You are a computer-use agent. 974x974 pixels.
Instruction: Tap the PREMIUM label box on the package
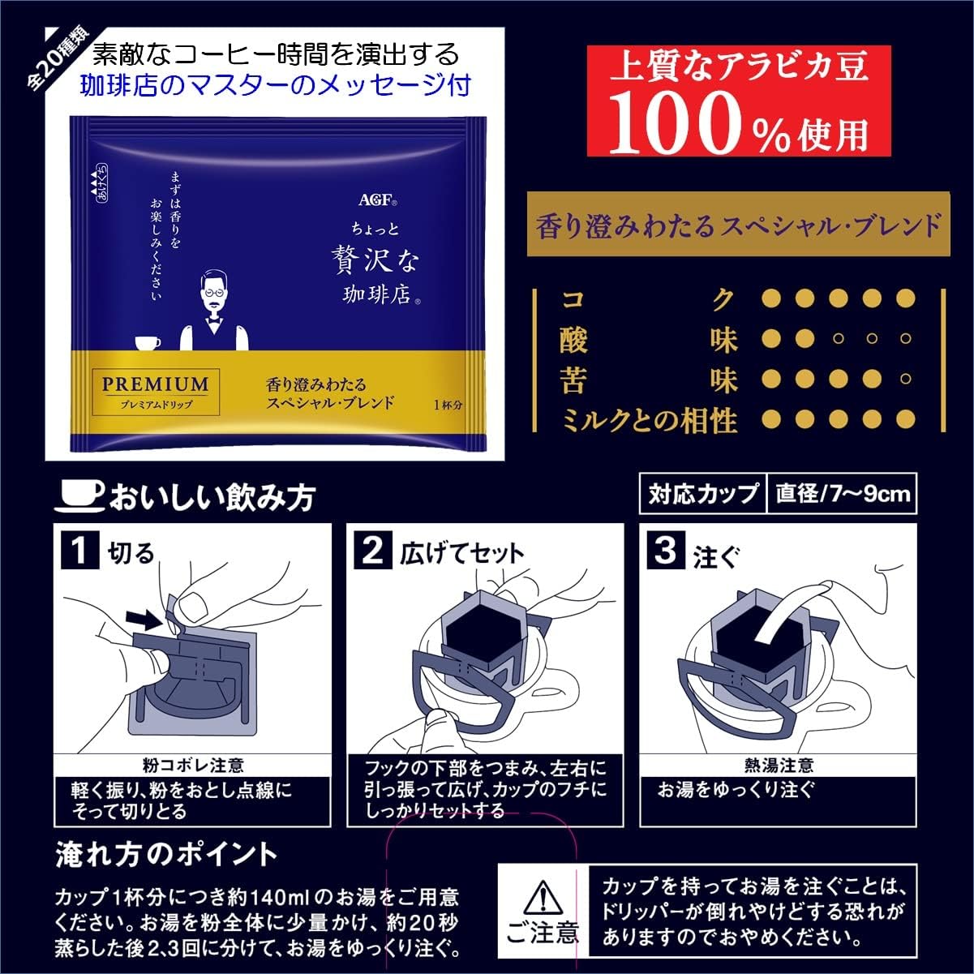(x=155, y=390)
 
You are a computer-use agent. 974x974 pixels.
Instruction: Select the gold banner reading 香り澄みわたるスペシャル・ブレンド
(x=737, y=225)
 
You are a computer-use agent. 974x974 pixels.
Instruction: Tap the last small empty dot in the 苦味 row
(x=906, y=379)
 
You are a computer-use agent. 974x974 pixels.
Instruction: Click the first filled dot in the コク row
(x=772, y=299)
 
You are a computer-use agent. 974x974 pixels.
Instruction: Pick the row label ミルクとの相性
(x=649, y=420)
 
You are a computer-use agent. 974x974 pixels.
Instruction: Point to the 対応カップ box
(x=702, y=494)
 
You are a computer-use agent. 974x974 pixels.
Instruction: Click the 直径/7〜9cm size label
(x=842, y=494)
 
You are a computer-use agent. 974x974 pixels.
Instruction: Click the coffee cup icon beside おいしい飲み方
(x=79, y=494)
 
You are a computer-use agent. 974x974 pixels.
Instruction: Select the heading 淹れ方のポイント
(x=166, y=854)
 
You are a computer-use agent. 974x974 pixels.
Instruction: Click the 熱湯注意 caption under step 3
(x=778, y=765)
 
